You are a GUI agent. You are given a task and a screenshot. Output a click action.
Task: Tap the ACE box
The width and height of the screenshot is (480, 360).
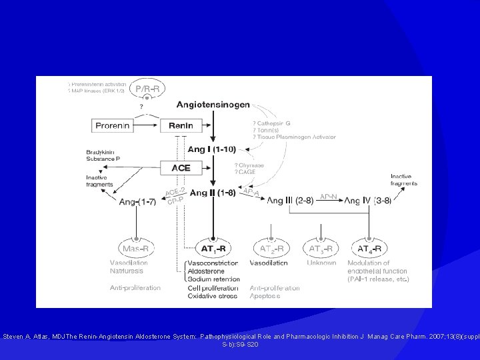(x=181, y=168)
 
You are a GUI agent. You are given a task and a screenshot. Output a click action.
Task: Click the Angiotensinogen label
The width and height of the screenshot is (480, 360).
(x=214, y=104)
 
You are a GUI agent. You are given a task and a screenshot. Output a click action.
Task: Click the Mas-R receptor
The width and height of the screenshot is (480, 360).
(x=137, y=249)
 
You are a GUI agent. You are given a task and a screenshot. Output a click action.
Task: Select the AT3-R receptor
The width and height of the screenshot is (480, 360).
(x=321, y=249)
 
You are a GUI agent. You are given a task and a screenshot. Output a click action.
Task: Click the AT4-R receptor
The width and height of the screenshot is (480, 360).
(x=370, y=249)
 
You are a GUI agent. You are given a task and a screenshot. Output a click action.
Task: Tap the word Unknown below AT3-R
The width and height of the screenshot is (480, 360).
(x=321, y=263)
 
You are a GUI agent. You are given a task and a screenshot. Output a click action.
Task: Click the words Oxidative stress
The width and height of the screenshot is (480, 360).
(x=212, y=296)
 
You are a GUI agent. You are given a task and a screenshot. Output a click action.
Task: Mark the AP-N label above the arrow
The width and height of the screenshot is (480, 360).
(x=329, y=196)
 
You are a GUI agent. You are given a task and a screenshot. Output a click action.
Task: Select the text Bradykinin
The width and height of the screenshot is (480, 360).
(x=101, y=152)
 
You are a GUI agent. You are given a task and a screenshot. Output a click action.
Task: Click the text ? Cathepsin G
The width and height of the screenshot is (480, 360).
(x=271, y=123)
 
